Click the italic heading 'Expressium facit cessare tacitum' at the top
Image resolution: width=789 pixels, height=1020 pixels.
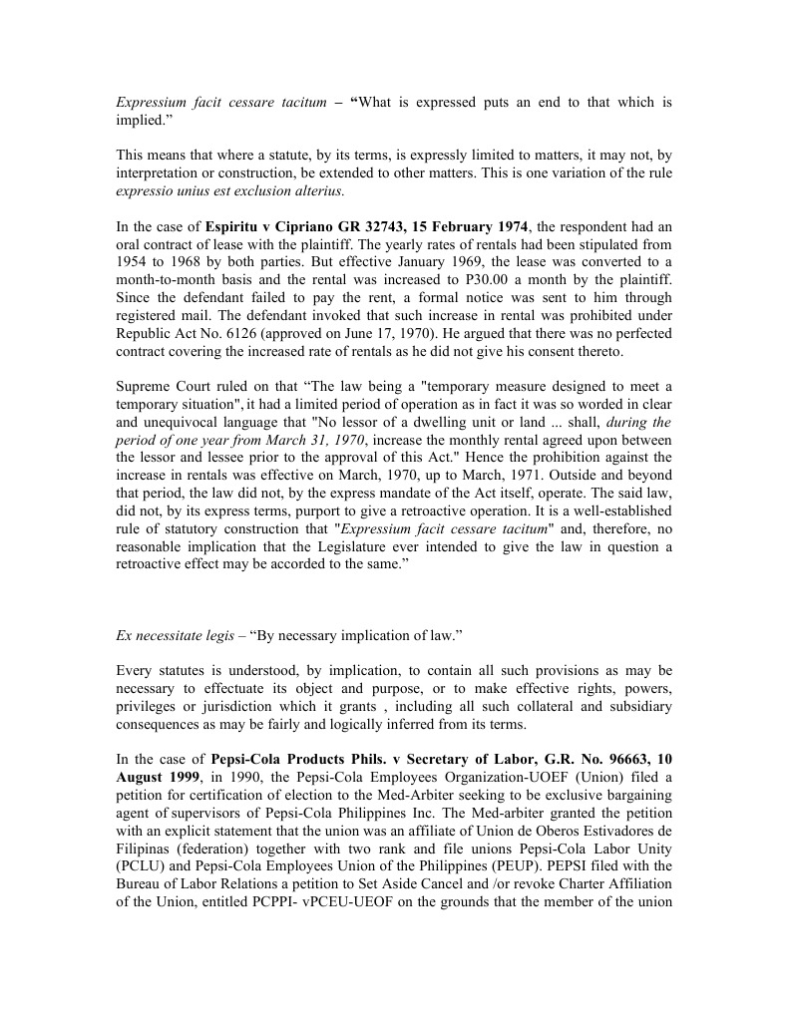(x=220, y=103)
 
